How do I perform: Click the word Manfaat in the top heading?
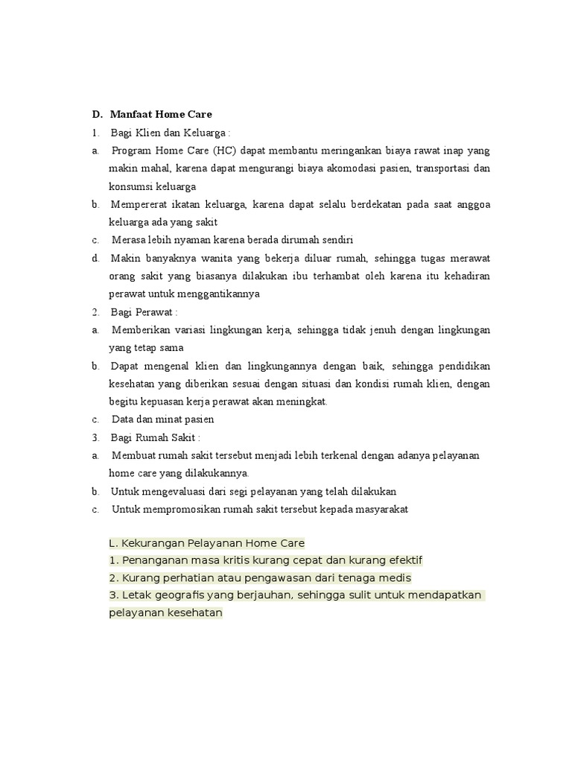130,115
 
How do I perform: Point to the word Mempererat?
139,204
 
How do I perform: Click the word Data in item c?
122,420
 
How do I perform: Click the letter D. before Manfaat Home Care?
96,115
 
